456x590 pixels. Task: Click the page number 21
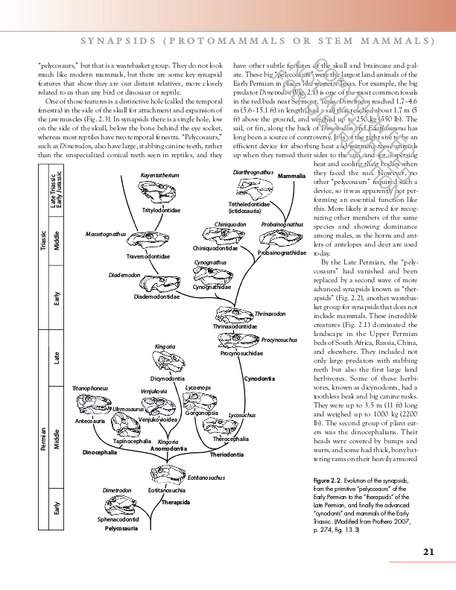[428, 551]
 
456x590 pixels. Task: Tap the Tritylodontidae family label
[161, 210]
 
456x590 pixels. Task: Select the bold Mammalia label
[291, 176]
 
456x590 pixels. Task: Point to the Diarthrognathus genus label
[251, 172]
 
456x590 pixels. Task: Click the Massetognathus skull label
[106, 234]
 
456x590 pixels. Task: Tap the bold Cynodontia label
[260, 379]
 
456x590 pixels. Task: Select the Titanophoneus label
[89, 389]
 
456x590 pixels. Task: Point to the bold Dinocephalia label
[99, 452]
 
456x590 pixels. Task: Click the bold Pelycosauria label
[121, 527]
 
